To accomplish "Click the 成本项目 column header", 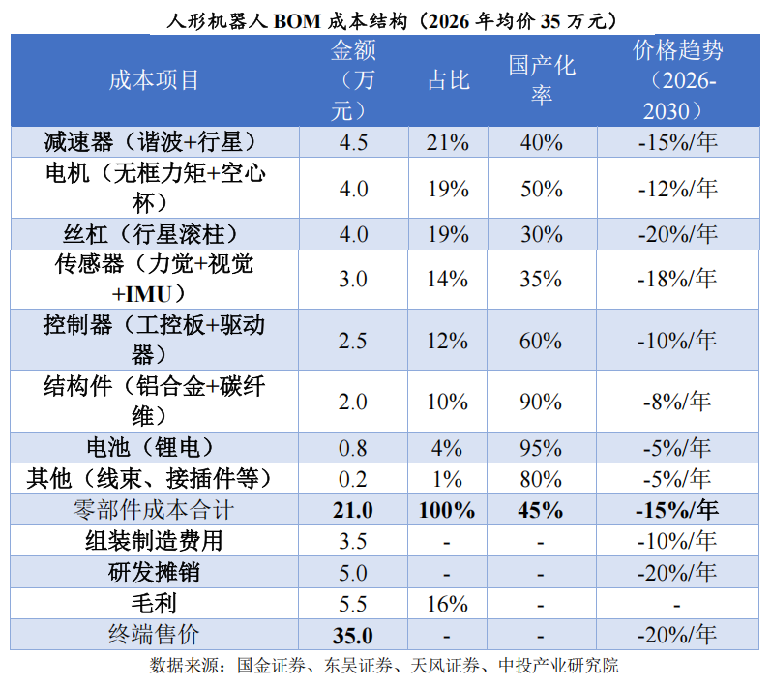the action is (154, 80).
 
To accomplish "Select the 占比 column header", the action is (449, 80).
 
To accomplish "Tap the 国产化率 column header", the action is (542, 80).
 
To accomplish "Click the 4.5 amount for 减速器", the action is (353, 142).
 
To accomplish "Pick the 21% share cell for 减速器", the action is (448, 142).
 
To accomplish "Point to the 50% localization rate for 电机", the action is (542, 189).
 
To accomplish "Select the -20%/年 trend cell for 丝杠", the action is (677, 234).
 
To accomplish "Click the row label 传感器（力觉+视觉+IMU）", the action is (154, 279).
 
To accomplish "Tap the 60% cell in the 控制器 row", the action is (541, 341).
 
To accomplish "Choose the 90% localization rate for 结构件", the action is (541, 402).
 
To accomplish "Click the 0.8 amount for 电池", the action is (352, 448).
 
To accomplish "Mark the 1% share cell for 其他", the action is (447, 479).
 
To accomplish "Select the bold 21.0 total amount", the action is (352, 510).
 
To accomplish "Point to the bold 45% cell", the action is (541, 510).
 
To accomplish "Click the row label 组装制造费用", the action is (154, 541).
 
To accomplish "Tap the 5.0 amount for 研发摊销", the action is (352, 573).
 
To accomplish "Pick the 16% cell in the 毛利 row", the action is (447, 604).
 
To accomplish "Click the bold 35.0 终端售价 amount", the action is (352, 636).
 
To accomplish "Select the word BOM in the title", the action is (297, 21).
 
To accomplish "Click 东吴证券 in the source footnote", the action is (358, 666).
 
